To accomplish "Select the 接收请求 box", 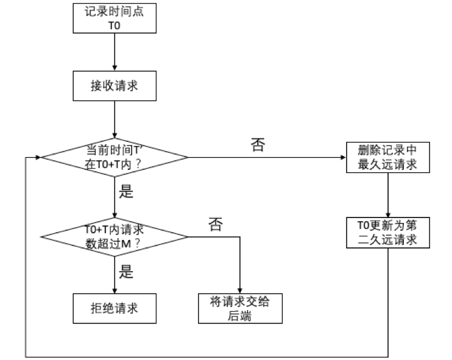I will [x=114, y=86].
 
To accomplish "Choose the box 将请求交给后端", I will [x=241, y=308].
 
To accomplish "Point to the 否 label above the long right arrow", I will [x=258, y=145].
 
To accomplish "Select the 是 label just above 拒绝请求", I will [x=125, y=272].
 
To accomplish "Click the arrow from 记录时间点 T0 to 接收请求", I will [x=114, y=52].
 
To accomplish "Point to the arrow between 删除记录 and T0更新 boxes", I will [x=388, y=195].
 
